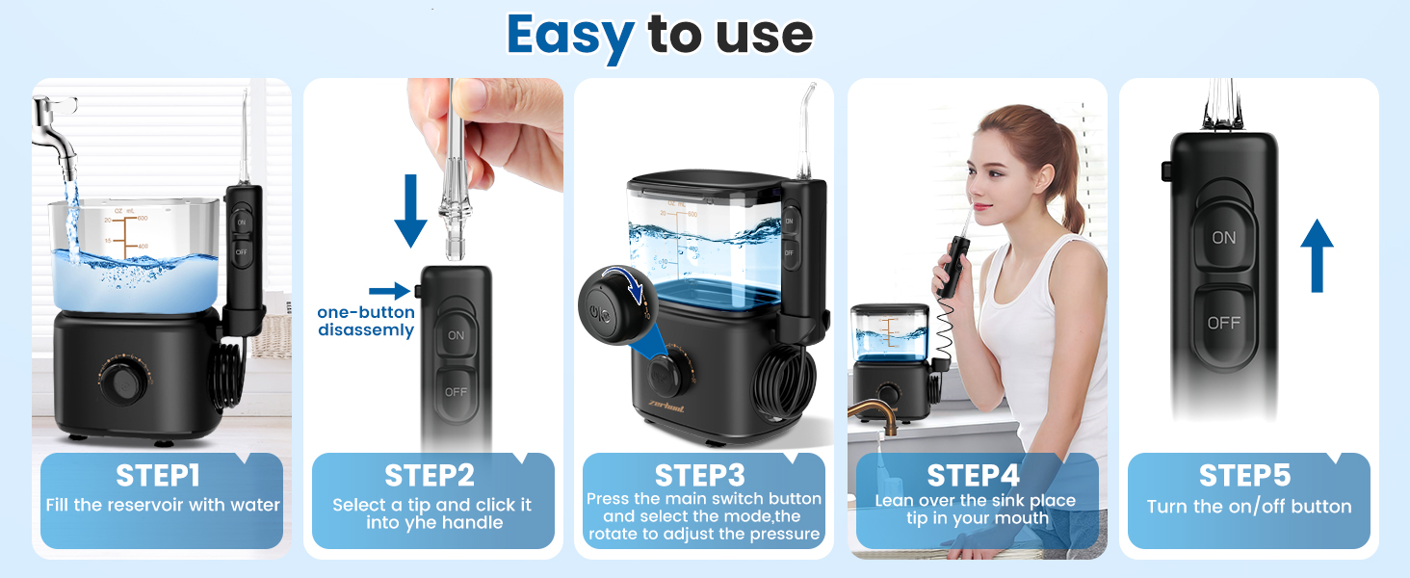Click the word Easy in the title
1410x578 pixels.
click(570, 36)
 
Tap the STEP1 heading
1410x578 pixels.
click(158, 475)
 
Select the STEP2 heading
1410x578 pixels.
click(431, 475)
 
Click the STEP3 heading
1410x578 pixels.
click(701, 475)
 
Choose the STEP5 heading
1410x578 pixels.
click(1244, 475)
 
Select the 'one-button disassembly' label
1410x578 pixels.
click(366, 322)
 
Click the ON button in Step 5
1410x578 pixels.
click(1223, 237)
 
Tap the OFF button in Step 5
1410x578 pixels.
click(1223, 323)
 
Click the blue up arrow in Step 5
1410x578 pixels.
click(1317, 254)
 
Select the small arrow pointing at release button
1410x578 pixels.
click(389, 290)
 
